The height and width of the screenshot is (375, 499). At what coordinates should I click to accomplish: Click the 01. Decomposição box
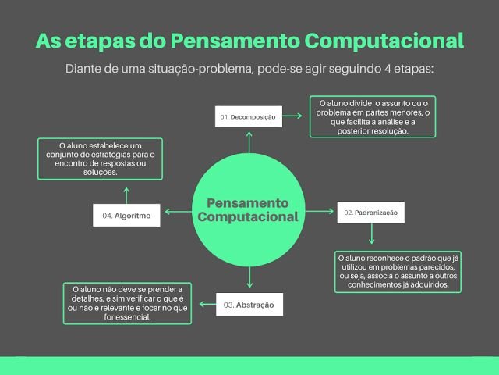249,116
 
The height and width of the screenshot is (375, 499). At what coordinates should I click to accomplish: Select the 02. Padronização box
371,212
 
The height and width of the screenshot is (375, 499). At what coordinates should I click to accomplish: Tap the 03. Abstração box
249,305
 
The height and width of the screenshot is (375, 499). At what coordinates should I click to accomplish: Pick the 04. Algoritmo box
126,216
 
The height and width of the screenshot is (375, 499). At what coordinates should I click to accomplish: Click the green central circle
249,210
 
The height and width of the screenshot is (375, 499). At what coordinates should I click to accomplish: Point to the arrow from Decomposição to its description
292,116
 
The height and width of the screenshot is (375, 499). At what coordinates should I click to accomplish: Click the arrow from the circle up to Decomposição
249,142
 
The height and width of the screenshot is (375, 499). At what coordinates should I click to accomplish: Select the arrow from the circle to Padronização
320,211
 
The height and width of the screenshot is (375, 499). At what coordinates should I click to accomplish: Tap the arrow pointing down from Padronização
371,234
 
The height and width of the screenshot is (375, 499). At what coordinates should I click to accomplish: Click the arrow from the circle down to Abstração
249,277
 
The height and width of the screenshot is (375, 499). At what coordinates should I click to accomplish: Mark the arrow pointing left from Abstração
207,304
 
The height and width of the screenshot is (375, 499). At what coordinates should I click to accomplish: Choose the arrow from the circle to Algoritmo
179,212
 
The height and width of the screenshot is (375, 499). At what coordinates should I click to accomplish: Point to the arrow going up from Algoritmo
126,195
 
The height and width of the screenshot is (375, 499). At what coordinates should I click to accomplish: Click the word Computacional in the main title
384,41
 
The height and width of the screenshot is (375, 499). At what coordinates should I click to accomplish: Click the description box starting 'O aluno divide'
373,116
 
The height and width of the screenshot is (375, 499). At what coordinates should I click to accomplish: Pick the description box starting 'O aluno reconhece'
398,272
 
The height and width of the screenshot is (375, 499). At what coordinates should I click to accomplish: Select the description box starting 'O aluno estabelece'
101,159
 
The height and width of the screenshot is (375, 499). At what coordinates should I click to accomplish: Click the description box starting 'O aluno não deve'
127,303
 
